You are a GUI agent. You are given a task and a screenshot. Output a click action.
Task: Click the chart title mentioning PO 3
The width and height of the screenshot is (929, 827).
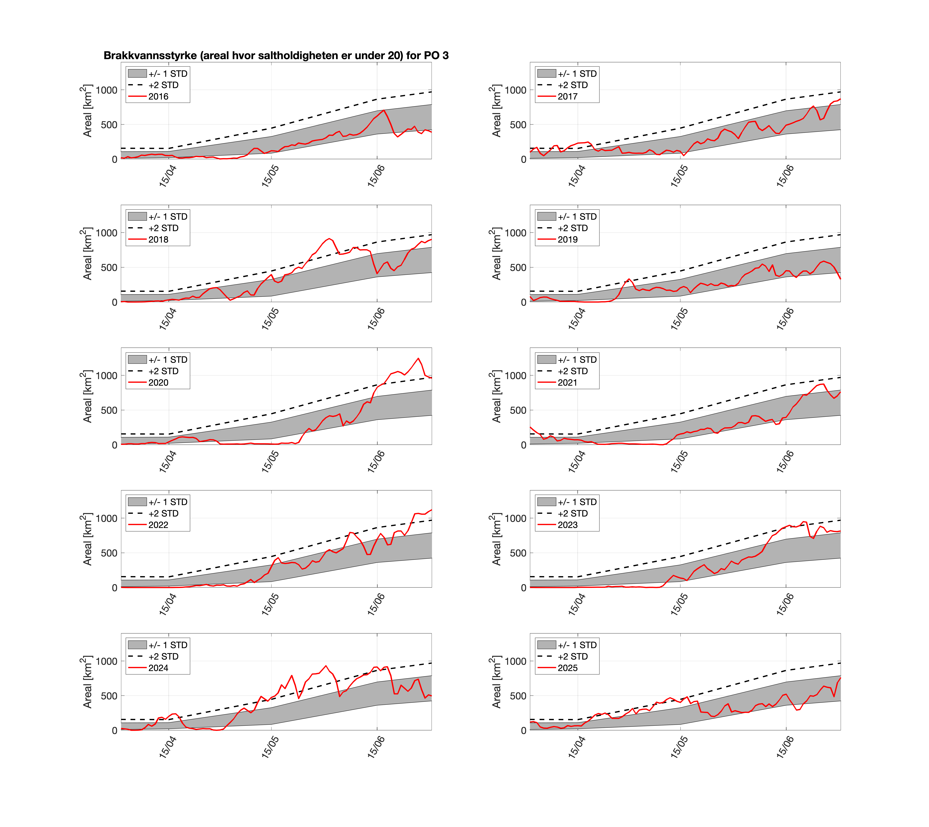pyautogui.click(x=276, y=55)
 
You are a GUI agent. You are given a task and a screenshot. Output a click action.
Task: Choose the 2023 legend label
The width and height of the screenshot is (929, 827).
pyautogui.click(x=568, y=525)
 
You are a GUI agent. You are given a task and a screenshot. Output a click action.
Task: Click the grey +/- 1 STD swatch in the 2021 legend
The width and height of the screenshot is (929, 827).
pyautogui.click(x=546, y=360)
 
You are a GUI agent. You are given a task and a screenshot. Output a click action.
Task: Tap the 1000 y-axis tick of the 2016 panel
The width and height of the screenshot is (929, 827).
pyautogui.click(x=106, y=90)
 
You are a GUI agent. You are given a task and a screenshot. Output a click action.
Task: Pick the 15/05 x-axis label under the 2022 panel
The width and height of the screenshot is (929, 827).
pyautogui.click(x=270, y=604)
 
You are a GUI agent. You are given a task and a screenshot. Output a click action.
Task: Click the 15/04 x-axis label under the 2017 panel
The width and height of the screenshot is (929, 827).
pyautogui.click(x=577, y=176)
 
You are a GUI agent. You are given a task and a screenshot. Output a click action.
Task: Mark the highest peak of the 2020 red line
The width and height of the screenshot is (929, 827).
pyautogui.click(x=418, y=358)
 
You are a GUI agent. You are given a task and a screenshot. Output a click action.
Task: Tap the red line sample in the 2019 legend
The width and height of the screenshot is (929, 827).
pyautogui.click(x=546, y=239)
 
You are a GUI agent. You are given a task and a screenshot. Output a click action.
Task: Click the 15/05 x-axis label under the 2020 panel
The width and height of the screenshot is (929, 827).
pyautogui.click(x=270, y=462)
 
